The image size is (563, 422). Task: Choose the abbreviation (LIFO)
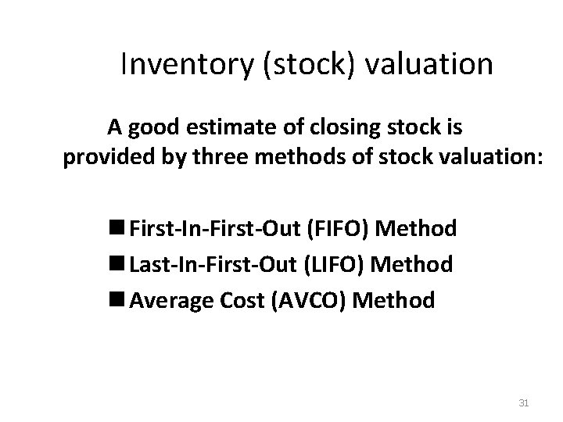(332, 264)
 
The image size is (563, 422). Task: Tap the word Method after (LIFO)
(412, 264)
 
